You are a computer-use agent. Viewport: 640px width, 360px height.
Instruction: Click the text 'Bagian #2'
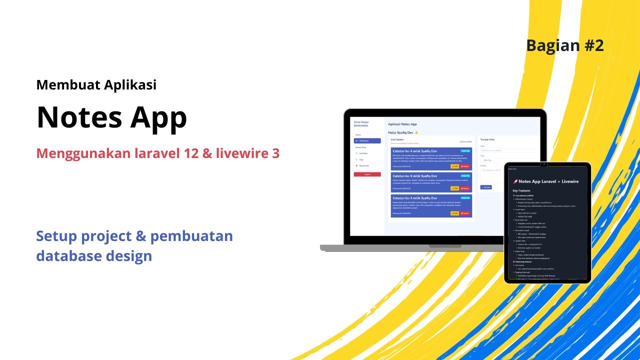pyautogui.click(x=564, y=45)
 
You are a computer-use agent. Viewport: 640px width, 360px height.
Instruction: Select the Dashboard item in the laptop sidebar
pyautogui.click(x=367, y=141)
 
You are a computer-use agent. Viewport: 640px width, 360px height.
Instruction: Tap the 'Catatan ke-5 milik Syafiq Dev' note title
pyautogui.click(x=414, y=176)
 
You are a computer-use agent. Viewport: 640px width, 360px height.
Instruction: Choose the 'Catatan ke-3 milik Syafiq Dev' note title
pyautogui.click(x=414, y=198)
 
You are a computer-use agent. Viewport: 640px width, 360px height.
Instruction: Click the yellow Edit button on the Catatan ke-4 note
pyautogui.click(x=454, y=166)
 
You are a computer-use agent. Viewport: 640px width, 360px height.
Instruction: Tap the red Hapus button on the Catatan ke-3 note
pyautogui.click(x=465, y=213)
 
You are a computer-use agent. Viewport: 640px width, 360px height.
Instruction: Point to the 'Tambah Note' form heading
pyautogui.click(x=487, y=139)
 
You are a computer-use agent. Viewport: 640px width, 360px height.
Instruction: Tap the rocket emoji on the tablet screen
pyautogui.click(x=515, y=181)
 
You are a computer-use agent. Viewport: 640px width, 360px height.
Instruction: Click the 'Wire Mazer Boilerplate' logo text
pyautogui.click(x=361, y=123)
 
